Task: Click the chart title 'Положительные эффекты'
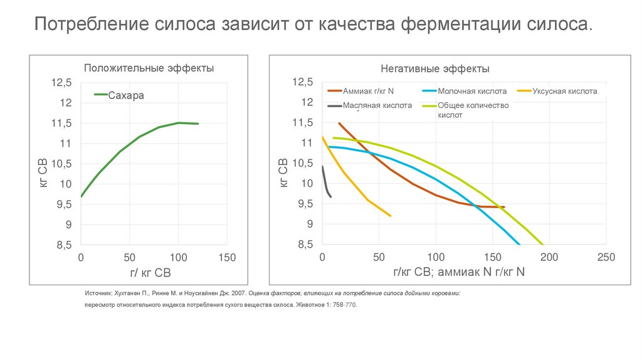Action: point(149,68)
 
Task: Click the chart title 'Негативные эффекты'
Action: point(434,68)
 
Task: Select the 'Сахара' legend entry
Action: point(126,95)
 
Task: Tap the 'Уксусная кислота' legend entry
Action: point(564,91)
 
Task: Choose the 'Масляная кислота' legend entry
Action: point(376,105)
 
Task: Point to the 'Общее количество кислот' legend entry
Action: point(473,110)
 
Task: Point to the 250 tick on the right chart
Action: point(606,257)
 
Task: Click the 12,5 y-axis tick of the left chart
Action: point(61,82)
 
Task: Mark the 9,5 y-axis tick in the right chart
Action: point(303,204)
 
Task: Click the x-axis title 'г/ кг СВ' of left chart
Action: point(150,273)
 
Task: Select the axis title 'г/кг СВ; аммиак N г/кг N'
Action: point(459,272)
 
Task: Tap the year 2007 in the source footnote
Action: point(238,293)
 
